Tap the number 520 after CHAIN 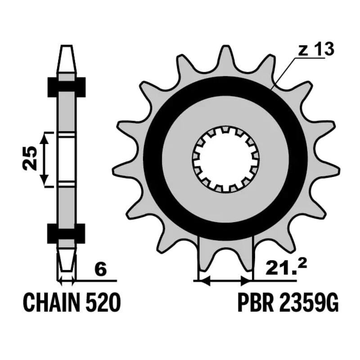click(x=103, y=302)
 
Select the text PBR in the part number click(x=255, y=302)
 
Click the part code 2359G click(x=308, y=302)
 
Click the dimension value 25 click(x=30, y=158)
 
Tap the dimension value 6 click(x=101, y=270)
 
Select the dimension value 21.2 click(x=286, y=268)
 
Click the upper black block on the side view click(x=67, y=87)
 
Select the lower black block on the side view click(x=66, y=234)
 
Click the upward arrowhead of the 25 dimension click(x=44, y=139)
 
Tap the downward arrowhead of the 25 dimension click(x=44, y=180)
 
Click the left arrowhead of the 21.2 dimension click(x=205, y=280)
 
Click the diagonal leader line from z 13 click(x=284, y=73)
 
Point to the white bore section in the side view click(x=67, y=160)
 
